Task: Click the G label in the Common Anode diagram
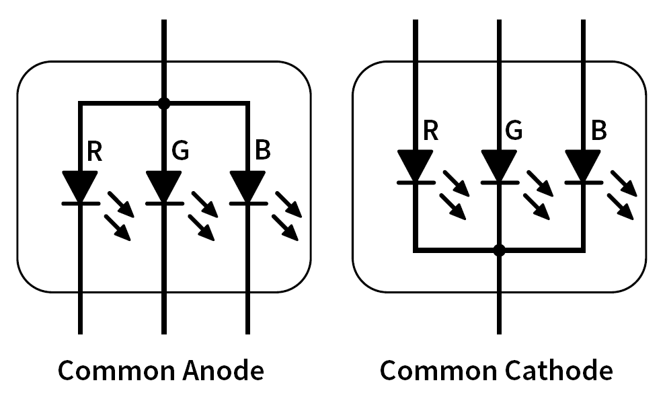[x=180, y=151]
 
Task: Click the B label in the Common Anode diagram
[x=263, y=151]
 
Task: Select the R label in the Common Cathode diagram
[x=431, y=131]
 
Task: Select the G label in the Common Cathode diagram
[x=514, y=131]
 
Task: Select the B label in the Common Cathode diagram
[x=598, y=131]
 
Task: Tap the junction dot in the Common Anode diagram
[x=163, y=104]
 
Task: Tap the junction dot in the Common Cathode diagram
[x=498, y=250]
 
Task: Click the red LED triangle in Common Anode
[x=81, y=185]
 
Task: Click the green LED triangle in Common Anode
[x=163, y=185]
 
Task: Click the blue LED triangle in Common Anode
[x=247, y=185]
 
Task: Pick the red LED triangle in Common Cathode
[x=415, y=164]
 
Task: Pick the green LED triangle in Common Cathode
[x=498, y=164]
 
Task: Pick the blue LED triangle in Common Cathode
[x=582, y=164]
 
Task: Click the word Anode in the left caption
[x=221, y=371]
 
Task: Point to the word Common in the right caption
[x=435, y=371]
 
